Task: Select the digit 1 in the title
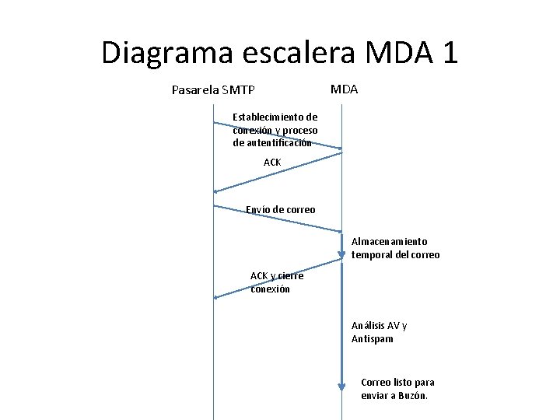pos(448,52)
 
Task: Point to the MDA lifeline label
pos(344,89)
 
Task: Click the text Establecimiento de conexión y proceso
pos(275,130)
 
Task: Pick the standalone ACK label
pos(272,162)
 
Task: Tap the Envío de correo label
pos(280,209)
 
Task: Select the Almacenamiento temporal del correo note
pos(395,248)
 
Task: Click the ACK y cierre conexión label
pos(276,282)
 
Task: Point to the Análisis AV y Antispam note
pos(379,332)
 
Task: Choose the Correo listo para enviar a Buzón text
pos(397,389)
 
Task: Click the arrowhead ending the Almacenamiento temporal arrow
pos(341,254)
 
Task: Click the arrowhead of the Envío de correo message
pos(339,231)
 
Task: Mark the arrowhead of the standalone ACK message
pos(216,191)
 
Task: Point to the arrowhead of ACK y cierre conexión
pos(216,297)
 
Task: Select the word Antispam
pos(372,339)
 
